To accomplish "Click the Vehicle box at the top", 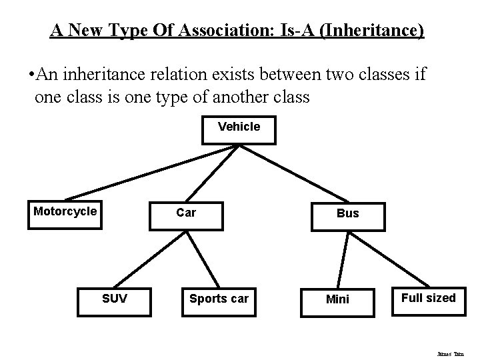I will click(x=239, y=129).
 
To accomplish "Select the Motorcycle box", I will click(x=65, y=215).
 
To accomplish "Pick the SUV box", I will click(x=115, y=301).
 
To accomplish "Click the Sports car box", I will click(x=218, y=301).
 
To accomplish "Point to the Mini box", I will click(x=337, y=301).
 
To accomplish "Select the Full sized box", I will click(x=429, y=299).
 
